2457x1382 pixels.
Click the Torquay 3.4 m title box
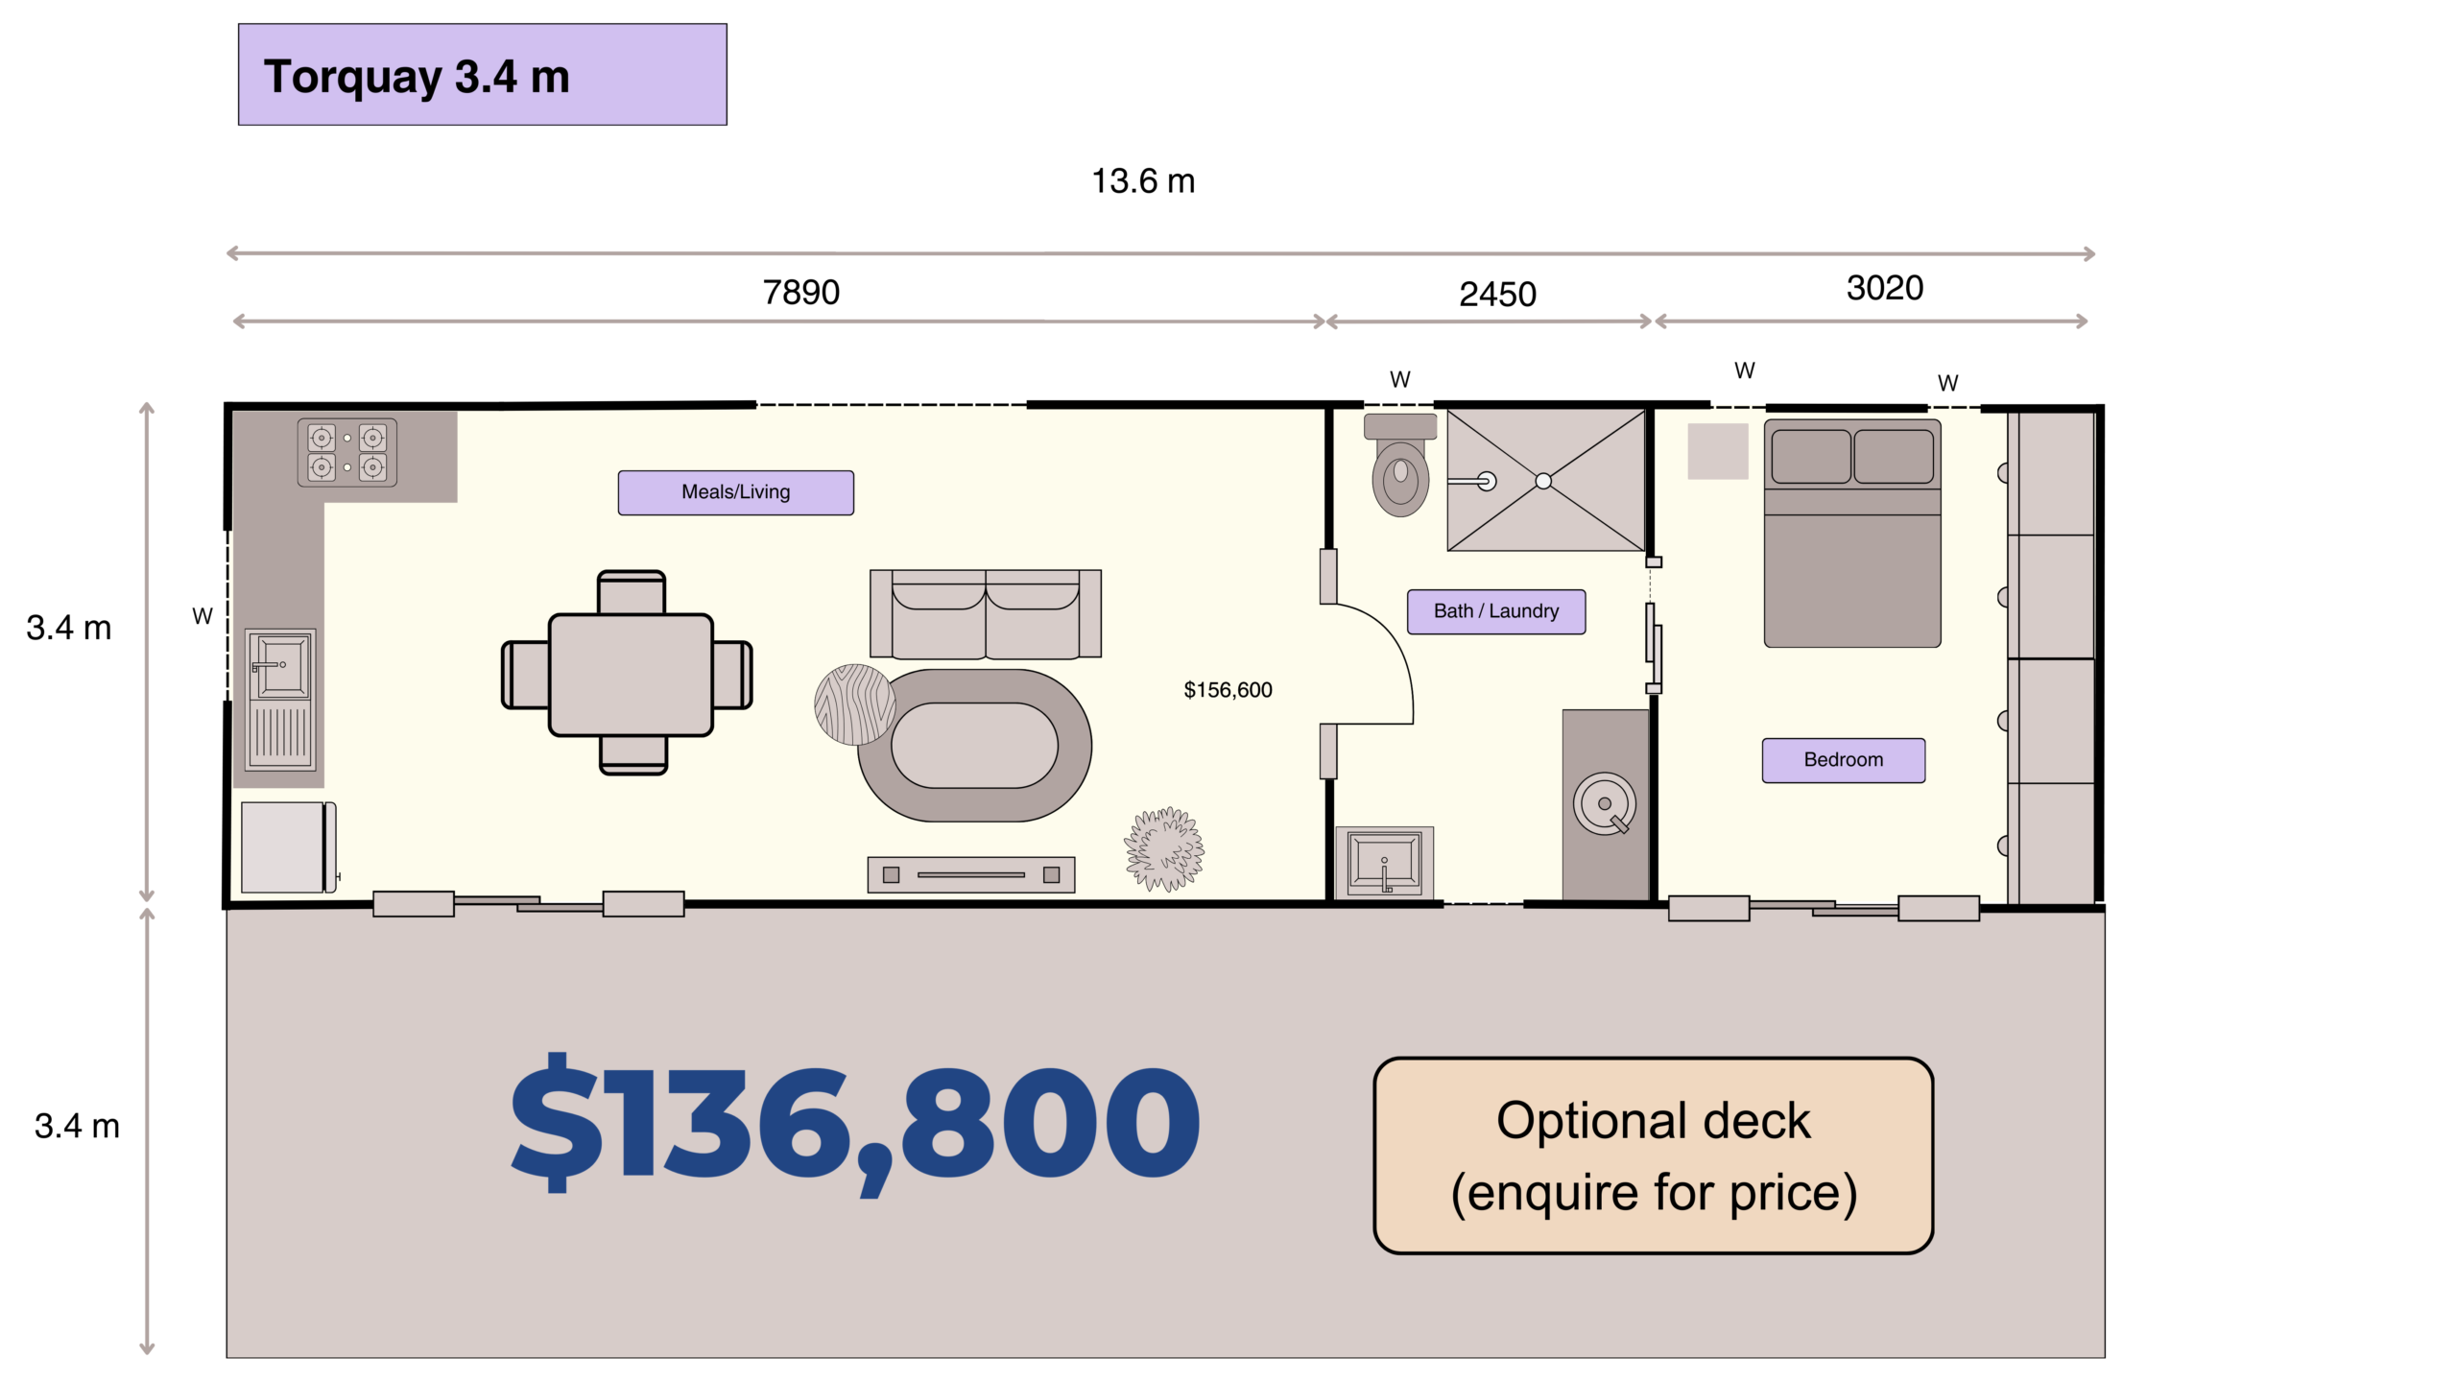[482, 75]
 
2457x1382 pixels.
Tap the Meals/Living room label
[735, 492]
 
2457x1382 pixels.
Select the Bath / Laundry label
[1496, 611]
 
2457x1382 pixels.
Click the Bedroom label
[1843, 760]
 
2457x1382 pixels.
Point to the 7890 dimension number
[800, 292]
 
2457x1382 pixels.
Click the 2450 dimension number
[1497, 294]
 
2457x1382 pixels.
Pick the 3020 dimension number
[1884, 288]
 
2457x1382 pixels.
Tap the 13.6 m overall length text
[1143, 180]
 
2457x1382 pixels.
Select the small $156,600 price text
[1228, 690]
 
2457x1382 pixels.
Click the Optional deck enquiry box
[1653, 1156]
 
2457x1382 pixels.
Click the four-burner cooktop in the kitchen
[346, 452]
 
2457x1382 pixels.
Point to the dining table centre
[631, 675]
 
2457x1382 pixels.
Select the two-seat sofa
[985, 614]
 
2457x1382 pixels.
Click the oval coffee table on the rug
[974, 746]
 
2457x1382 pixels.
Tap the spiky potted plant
[1164, 849]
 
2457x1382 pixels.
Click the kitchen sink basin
[282, 665]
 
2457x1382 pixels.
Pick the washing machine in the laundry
[1605, 804]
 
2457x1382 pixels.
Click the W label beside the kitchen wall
[203, 616]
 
